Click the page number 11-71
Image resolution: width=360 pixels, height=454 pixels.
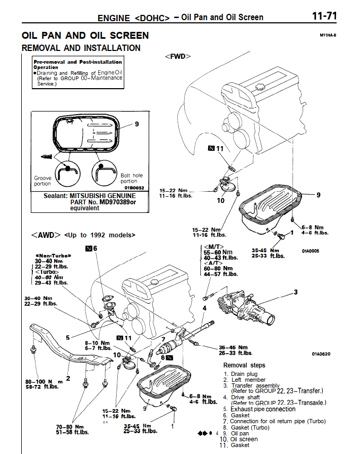[x=324, y=16]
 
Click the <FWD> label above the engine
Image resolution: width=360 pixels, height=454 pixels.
[x=177, y=56]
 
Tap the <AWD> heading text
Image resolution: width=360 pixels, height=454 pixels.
[x=42, y=235]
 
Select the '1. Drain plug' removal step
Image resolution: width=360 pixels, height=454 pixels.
[x=243, y=374]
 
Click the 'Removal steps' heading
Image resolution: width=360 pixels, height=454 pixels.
[x=244, y=365]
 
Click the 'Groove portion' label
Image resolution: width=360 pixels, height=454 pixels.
[x=42, y=181]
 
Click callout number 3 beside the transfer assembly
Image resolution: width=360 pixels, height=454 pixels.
[x=296, y=292]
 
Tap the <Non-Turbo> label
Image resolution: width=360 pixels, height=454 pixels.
[x=52, y=255]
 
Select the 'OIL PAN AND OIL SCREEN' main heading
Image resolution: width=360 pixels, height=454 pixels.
[x=85, y=36]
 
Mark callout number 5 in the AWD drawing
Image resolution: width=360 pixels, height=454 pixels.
[x=67, y=337]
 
